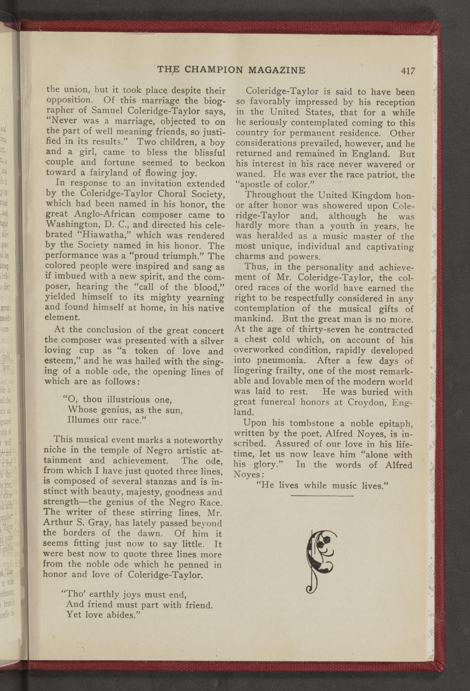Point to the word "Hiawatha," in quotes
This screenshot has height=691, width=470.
point(102,235)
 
